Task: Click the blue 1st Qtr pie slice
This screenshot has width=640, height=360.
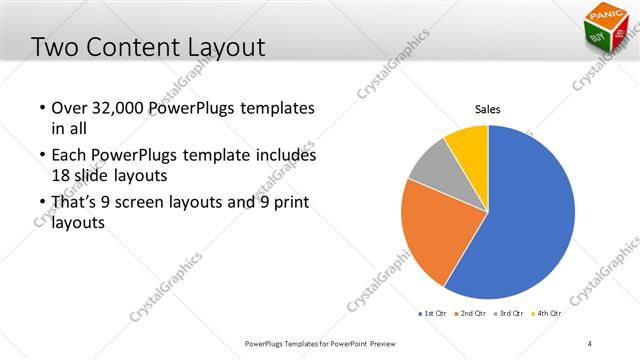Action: pos(530,220)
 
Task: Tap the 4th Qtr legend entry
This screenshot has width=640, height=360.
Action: pos(547,313)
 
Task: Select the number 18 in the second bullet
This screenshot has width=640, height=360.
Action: pos(61,174)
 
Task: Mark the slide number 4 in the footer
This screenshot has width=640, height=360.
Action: pos(591,343)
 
